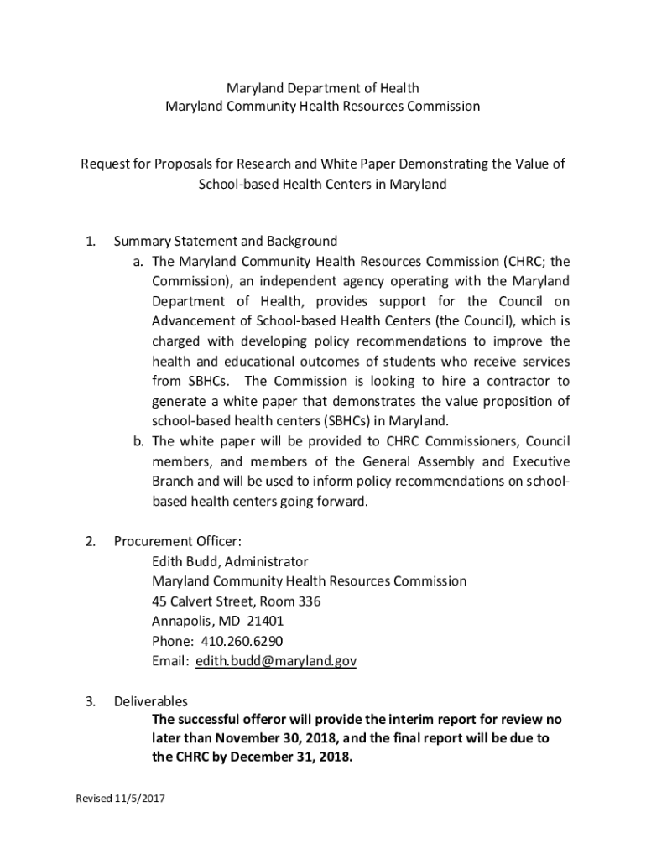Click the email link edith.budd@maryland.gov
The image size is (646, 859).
[276, 661]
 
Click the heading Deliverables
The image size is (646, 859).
[151, 701]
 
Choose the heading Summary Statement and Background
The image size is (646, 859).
[226, 242]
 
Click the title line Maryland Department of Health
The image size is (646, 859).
[323, 88]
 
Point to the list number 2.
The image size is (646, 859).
[90, 541]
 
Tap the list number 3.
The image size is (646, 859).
[90, 701]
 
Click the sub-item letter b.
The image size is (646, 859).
[138, 441]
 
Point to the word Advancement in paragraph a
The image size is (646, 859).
[193, 321]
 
